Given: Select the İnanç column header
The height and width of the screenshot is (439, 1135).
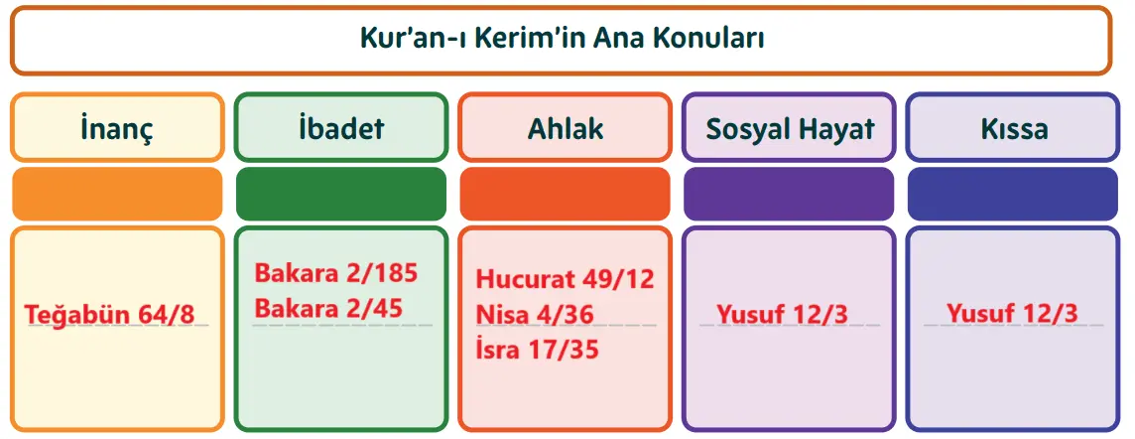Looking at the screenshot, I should (x=117, y=128).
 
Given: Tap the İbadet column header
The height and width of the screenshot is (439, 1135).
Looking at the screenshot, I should (x=341, y=128).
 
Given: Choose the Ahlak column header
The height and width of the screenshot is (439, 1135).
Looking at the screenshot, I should (x=565, y=128).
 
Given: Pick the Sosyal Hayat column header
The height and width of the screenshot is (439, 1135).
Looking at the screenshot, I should (x=790, y=128).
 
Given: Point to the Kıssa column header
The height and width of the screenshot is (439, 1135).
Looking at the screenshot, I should (x=1013, y=128).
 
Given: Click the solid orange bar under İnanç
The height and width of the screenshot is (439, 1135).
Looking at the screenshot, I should (x=117, y=194).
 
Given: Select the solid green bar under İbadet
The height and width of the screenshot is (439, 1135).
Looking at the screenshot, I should (x=341, y=194).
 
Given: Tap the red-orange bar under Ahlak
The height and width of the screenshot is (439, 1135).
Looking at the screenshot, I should (x=565, y=194).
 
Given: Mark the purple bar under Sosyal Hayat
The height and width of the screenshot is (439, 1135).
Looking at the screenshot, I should (x=790, y=194).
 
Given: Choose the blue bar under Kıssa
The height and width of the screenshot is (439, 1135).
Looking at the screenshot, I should (x=1013, y=194).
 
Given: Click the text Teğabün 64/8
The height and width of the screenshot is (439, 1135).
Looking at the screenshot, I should (x=109, y=315).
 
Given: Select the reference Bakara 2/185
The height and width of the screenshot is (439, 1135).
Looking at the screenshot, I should (x=336, y=273).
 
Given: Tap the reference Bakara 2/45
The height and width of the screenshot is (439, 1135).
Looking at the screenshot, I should (x=328, y=308).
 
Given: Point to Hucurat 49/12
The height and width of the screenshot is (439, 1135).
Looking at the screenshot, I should (x=565, y=278).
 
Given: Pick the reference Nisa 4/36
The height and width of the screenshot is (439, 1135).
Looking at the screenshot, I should (x=534, y=315).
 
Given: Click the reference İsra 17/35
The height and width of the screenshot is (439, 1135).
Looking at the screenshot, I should (x=537, y=350).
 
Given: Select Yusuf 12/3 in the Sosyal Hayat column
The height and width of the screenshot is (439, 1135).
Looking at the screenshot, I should (x=782, y=315).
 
